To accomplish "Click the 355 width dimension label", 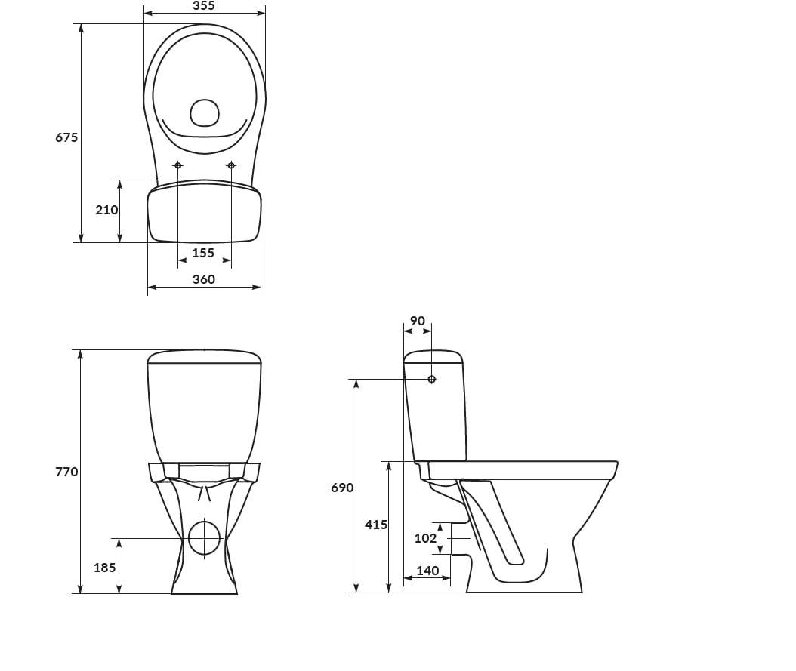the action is pos(204,5).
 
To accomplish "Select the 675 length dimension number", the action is pos(66,137).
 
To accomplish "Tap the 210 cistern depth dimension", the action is pos(106,210).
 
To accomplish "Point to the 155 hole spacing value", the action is pos(204,253).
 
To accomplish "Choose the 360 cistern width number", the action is pos(204,279).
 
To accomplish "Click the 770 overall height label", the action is pos(66,472).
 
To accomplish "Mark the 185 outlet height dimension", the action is pos(104,568).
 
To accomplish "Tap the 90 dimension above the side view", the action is pos(418,321).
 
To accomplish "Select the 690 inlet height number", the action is pos(342,488).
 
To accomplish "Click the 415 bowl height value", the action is pos(375,525).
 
